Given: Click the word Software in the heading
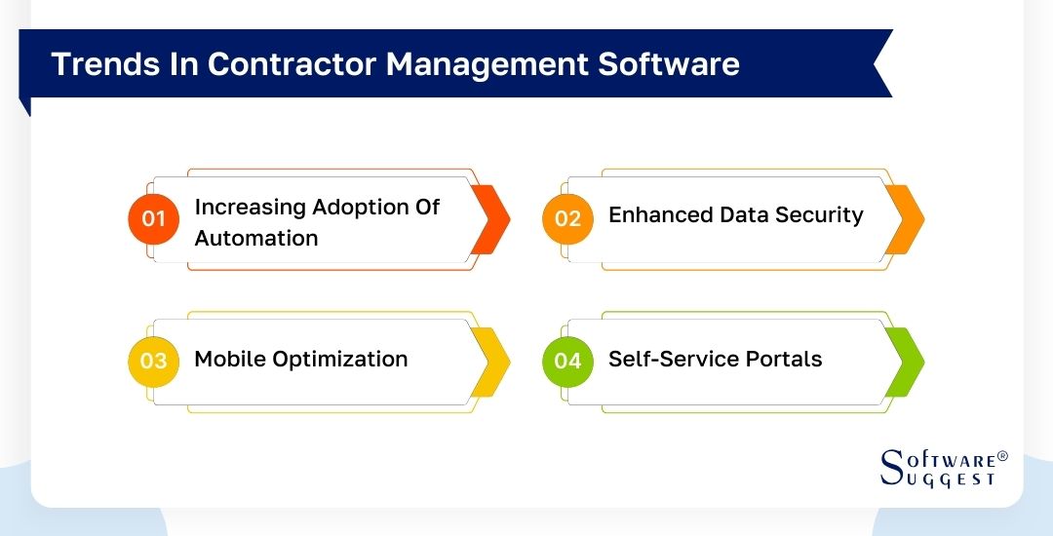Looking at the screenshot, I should (x=669, y=63).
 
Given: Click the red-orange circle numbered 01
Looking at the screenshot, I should (x=154, y=219).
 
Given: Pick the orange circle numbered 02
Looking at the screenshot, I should (x=567, y=219).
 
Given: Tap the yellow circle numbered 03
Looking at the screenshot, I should (x=154, y=361).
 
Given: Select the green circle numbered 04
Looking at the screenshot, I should (x=567, y=361).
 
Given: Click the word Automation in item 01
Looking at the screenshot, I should (x=256, y=238).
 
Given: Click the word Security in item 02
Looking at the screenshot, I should (x=816, y=215).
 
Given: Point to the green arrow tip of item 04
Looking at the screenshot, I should (x=907, y=362).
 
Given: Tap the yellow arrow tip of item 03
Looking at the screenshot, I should (x=493, y=362).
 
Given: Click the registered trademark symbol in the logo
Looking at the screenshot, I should (x=1002, y=456).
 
